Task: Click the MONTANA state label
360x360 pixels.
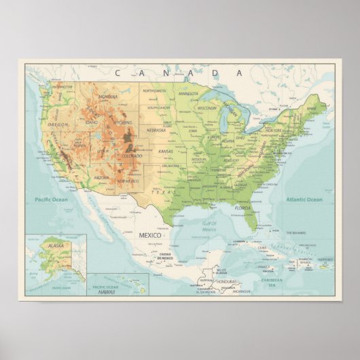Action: pos(108,97)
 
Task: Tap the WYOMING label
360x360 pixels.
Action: pos(123,123)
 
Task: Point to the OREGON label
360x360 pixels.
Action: pos(58,125)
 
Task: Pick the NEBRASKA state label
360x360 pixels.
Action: pos(156,130)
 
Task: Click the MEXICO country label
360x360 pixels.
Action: pos(150,234)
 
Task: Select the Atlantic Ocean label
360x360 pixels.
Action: pos(304,200)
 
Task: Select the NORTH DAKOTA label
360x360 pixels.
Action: pos(154,90)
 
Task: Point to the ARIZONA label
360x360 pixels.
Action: pos(101,177)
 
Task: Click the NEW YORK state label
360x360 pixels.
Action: pos(274,129)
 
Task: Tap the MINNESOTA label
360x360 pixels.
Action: pos(189,94)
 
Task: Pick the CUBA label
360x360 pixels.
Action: pos(262,248)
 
